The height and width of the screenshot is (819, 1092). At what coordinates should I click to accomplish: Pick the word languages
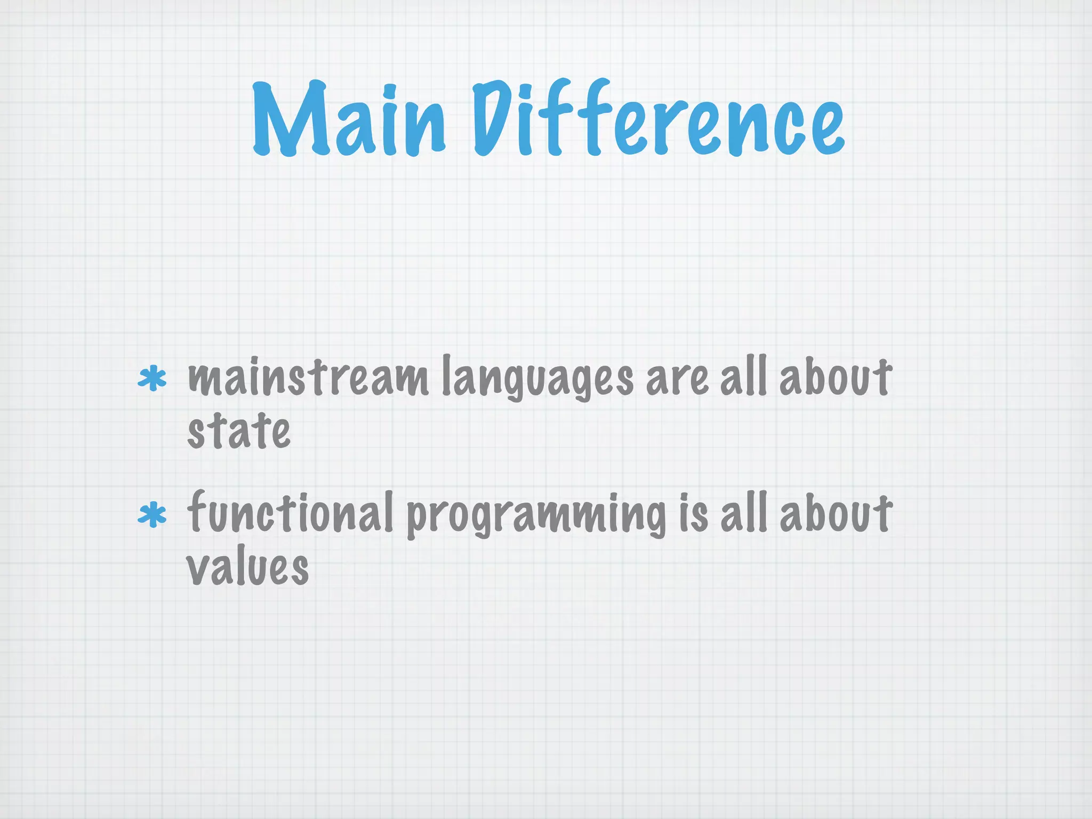tap(537, 379)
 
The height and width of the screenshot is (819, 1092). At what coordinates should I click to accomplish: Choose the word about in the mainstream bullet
tap(836, 376)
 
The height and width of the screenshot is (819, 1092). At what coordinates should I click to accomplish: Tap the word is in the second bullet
tap(694, 513)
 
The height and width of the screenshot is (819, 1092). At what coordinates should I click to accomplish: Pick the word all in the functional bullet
tap(743, 512)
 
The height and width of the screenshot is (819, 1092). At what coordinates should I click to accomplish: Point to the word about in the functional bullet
tap(836, 512)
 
